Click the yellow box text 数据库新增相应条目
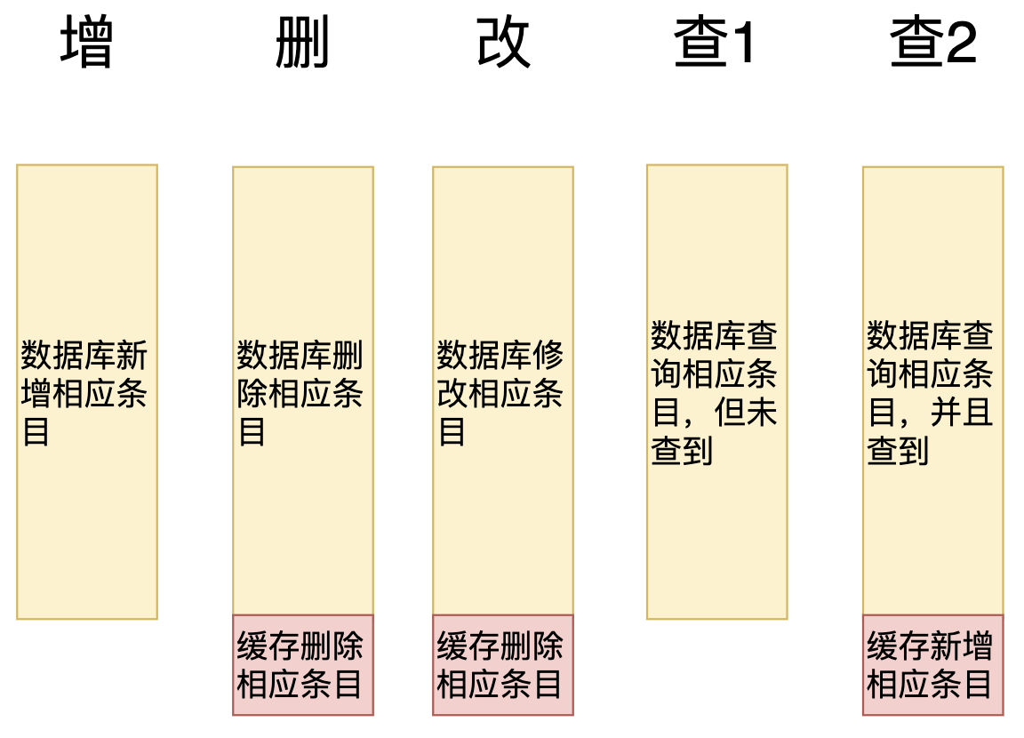click(84, 393)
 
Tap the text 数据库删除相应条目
click(300, 393)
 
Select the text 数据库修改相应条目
click(500, 393)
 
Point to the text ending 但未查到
click(715, 393)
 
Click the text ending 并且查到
click(931, 393)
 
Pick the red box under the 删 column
click(302, 665)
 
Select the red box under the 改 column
click(502, 665)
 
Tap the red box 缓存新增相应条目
click(932, 665)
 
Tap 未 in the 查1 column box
click(762, 413)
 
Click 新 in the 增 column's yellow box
click(132, 357)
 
